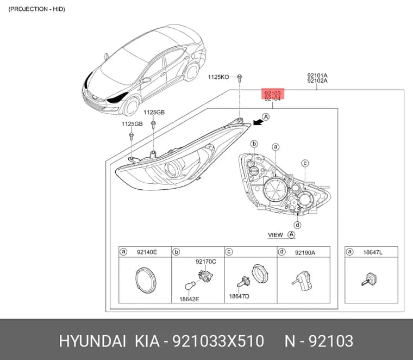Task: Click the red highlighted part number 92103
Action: point(273,94)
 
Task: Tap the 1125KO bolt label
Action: point(218,77)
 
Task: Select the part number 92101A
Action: point(317,76)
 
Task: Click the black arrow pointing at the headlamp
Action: point(258,122)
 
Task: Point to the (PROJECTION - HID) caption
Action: point(36,9)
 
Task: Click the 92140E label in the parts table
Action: point(147,252)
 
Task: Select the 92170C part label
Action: point(206,262)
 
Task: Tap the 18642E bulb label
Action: point(189,299)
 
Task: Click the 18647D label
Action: point(239,296)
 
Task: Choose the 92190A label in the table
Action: point(305,253)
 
